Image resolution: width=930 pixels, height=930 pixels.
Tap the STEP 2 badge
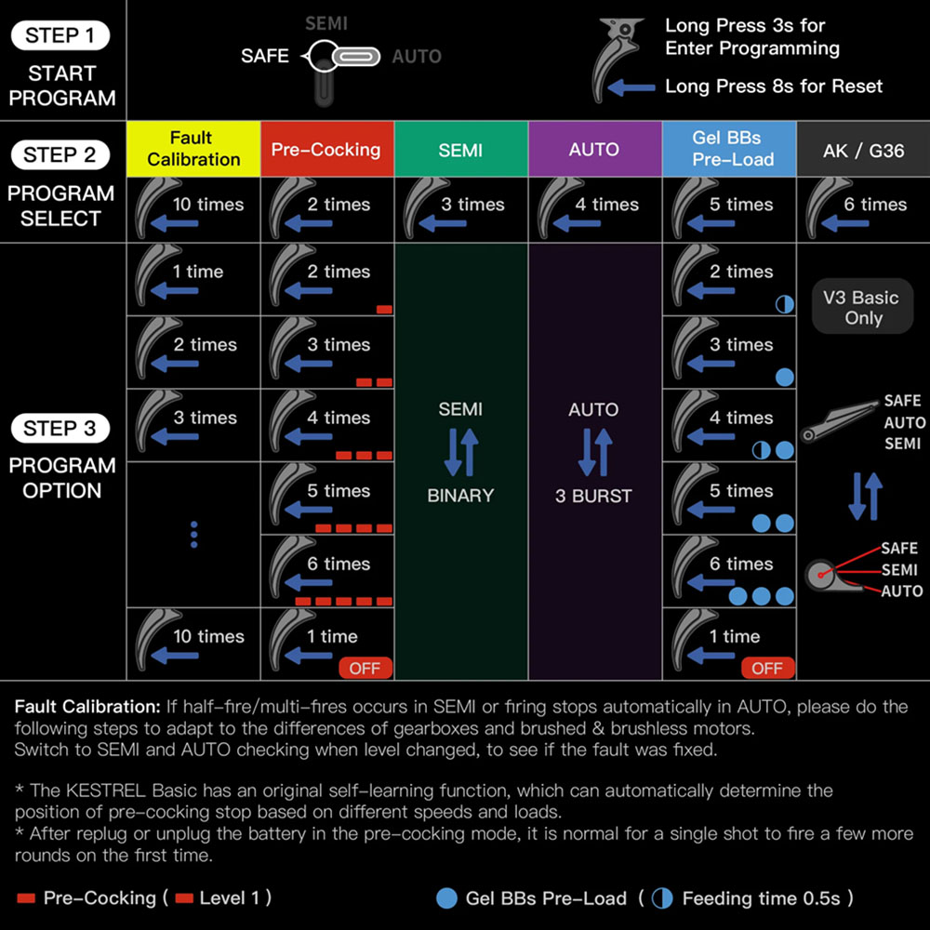click(x=60, y=155)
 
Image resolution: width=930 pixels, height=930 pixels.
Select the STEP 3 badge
click(x=60, y=429)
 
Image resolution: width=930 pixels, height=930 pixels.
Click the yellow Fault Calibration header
click(x=193, y=149)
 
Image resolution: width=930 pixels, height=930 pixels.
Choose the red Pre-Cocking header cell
click(x=326, y=149)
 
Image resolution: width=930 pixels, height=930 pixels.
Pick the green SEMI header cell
click(x=460, y=149)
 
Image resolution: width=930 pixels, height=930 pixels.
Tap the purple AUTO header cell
click(x=594, y=149)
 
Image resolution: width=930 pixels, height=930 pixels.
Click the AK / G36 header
click(x=863, y=149)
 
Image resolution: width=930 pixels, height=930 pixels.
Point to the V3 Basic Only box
click(x=862, y=308)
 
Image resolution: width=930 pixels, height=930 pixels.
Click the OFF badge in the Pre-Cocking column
click(x=365, y=668)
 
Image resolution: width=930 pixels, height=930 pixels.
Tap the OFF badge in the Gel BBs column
click(x=767, y=668)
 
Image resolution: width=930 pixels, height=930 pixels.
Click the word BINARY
click(x=460, y=496)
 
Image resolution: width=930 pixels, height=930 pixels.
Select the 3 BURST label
click(x=593, y=496)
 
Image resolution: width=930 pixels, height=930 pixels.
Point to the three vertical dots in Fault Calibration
click(x=193, y=535)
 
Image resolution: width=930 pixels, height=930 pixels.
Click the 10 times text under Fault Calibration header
click(x=207, y=205)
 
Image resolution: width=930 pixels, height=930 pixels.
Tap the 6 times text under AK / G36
click(x=875, y=205)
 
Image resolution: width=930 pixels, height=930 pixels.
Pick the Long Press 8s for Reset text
click(x=774, y=86)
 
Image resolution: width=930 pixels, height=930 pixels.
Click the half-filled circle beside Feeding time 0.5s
click(x=662, y=898)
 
